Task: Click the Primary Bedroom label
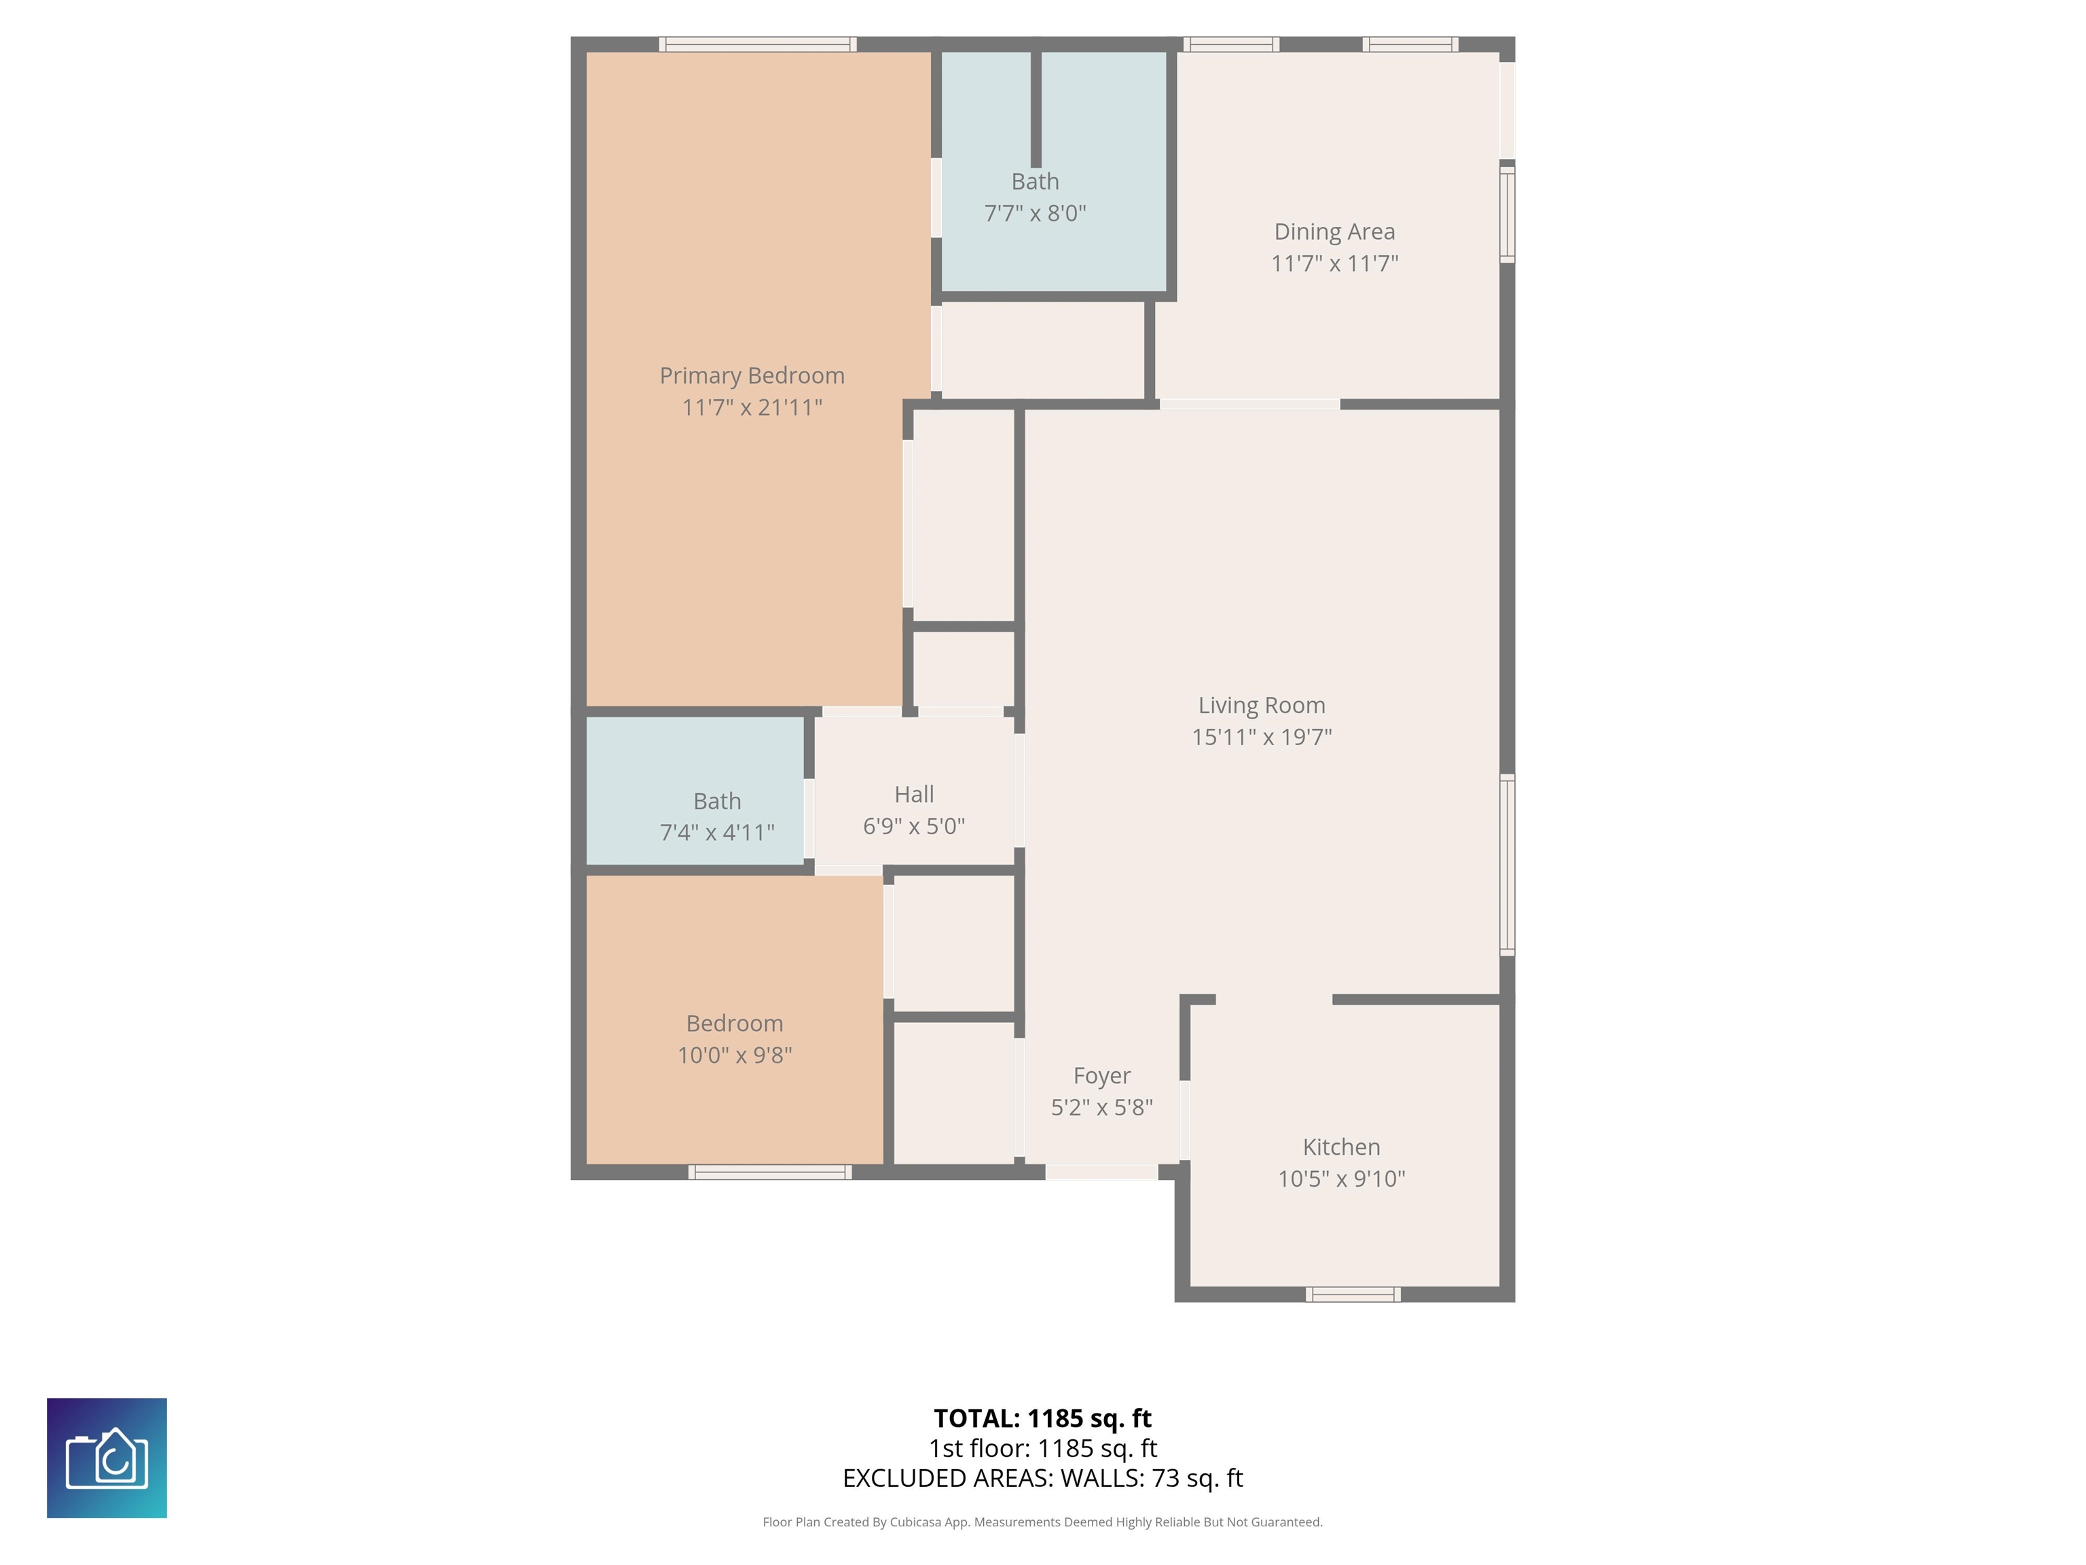point(752,376)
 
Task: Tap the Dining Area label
point(1334,231)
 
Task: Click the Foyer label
point(1101,1075)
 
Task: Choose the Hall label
point(914,794)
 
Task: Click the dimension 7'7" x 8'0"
point(1036,213)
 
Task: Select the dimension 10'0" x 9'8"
point(735,1055)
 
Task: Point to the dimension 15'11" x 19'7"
point(1262,737)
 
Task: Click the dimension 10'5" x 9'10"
point(1341,1179)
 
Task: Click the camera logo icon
point(107,1458)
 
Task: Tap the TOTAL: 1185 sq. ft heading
point(1042,1418)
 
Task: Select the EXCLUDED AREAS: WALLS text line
point(1042,1478)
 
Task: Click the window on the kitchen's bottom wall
point(1353,1294)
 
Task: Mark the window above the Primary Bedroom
point(757,44)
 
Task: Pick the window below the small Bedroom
point(769,1172)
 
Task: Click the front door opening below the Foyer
point(1101,1172)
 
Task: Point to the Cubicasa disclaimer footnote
point(1042,1522)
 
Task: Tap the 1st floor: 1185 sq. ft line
point(1042,1448)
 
